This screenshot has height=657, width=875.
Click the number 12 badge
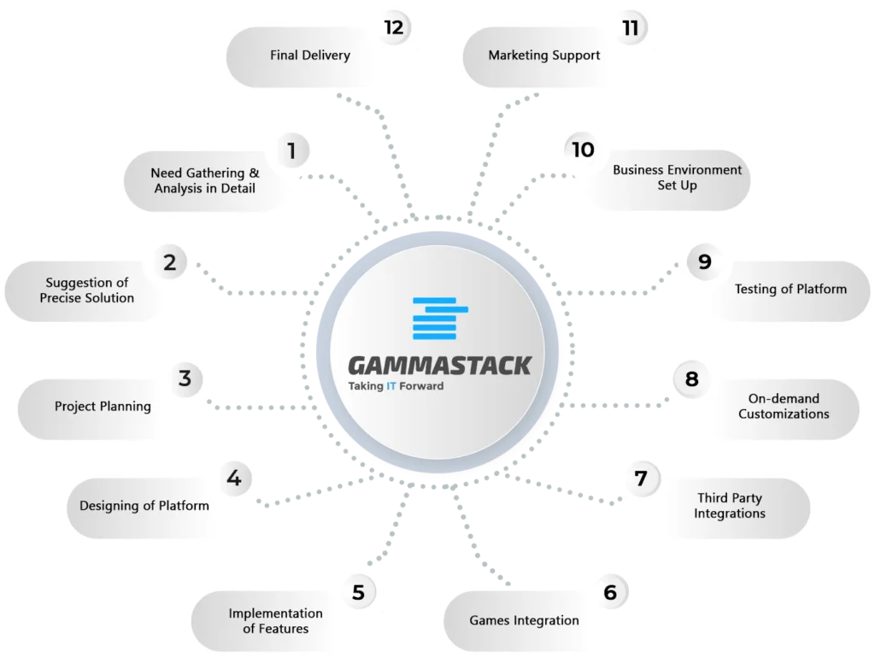tap(394, 27)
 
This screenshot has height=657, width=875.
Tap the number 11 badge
tap(631, 27)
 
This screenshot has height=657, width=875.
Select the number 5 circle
tap(358, 592)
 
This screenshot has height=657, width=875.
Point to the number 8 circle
tap(691, 379)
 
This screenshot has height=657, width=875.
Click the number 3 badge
tap(185, 378)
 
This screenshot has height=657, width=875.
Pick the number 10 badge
tap(583, 150)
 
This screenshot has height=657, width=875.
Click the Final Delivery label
tap(310, 56)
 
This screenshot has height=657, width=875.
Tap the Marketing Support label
tap(544, 56)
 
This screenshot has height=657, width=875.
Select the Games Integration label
tap(524, 621)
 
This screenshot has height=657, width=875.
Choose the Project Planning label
tap(103, 407)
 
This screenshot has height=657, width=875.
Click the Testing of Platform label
tap(790, 289)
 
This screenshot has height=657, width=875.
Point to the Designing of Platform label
tap(144, 506)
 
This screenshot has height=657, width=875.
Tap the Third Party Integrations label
tap(730, 506)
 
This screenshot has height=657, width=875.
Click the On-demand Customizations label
tap(784, 406)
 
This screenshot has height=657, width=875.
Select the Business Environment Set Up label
tap(677, 178)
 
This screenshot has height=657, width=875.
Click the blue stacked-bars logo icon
tap(440, 319)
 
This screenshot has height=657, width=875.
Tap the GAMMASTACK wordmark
tap(440, 366)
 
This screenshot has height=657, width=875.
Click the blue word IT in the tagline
tap(391, 386)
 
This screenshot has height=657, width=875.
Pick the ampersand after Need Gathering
tap(254, 173)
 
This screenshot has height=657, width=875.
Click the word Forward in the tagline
tap(421, 386)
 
